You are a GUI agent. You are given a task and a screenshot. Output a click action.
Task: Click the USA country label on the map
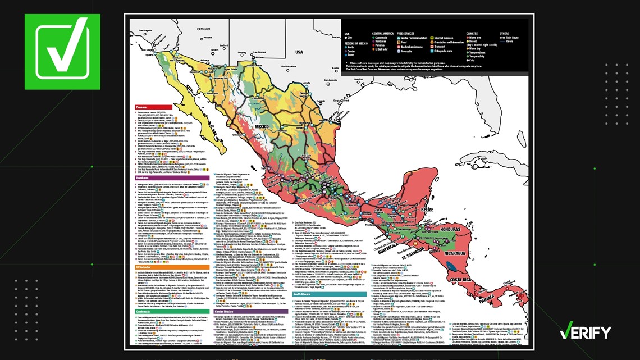click(x=299, y=52)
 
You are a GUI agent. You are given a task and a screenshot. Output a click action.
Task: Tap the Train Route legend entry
click(x=513, y=38)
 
